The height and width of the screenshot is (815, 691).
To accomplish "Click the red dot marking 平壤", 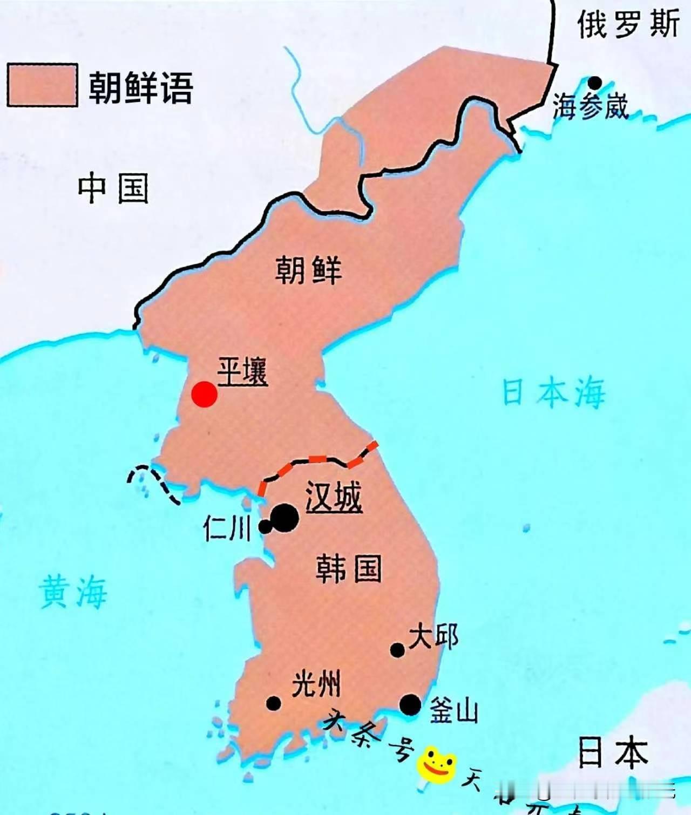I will [205, 394].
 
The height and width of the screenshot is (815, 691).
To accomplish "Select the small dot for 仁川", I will [265, 526].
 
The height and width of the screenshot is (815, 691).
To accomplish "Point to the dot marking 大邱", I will [397, 650].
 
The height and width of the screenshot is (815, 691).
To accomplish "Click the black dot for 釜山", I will [410, 704].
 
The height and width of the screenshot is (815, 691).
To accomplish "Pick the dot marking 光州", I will [274, 703].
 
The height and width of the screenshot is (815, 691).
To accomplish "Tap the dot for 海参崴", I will [594, 83].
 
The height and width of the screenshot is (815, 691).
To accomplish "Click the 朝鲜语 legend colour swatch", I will [42, 85].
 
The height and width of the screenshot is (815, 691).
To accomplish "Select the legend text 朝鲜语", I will [140, 87].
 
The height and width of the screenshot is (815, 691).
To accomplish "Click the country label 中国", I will [113, 188].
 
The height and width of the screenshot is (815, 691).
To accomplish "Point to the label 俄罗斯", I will [628, 24].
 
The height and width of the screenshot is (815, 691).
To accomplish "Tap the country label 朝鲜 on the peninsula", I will [309, 270].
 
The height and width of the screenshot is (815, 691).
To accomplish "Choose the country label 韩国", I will [349, 568].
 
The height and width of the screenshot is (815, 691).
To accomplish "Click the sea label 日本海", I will [553, 392].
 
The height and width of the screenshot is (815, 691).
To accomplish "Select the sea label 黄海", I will [73, 592].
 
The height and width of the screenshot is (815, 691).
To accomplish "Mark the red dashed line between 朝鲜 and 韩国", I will [319, 460].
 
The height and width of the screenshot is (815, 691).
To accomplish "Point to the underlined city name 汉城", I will [334, 496].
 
